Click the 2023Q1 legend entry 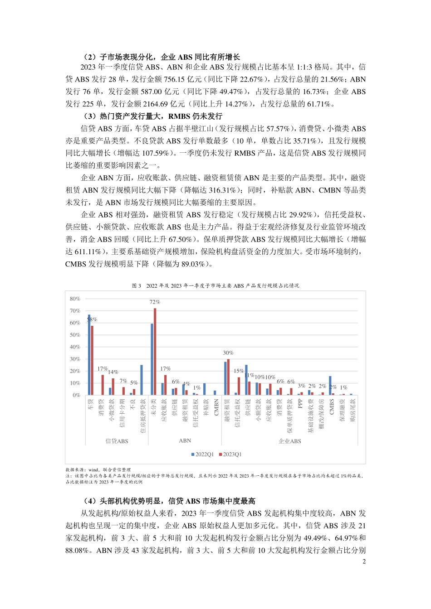click(230, 454)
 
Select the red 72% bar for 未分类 click(155, 352)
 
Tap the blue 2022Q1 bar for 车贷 click(89, 355)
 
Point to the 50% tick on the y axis click(75, 335)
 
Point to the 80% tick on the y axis click(75, 299)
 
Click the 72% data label click(155, 302)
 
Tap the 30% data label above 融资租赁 click(228, 353)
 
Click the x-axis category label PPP click(300, 403)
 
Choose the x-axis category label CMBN click(216, 406)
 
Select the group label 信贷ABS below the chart click(117, 441)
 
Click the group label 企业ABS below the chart click(289, 441)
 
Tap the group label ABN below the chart click(185, 440)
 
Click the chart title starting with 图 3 click(215, 285)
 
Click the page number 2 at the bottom click(364, 561)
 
